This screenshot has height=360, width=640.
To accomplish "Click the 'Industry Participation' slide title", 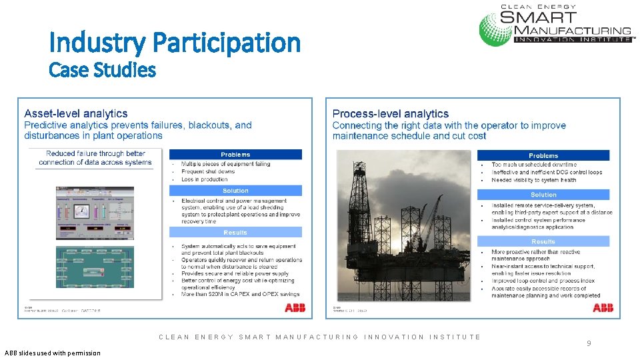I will point(175,43).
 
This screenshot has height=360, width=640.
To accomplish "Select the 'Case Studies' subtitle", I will point(102,69).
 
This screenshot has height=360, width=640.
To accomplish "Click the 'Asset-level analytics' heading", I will point(76,114).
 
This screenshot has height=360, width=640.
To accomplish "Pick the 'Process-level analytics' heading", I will point(390,114).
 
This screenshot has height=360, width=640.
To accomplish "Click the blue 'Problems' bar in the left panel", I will point(235,155).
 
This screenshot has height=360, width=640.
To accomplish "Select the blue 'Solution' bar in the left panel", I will point(235,191).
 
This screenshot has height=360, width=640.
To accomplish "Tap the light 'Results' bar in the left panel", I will point(235,233).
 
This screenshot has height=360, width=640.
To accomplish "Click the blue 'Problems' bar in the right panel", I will point(543,155).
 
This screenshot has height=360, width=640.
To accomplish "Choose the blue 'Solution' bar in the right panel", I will point(543,195).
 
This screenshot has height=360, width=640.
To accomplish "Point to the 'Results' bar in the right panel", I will point(543,241).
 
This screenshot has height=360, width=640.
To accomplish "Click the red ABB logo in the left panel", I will point(295,307).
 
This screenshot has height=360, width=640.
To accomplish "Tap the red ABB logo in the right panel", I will point(603,307).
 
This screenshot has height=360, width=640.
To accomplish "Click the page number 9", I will point(589,343).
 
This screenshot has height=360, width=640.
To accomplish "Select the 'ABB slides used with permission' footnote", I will point(52,353).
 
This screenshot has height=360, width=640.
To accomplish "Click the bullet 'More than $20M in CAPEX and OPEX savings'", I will point(240,294).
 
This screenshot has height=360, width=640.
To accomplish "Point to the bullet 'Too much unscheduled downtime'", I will point(534,165).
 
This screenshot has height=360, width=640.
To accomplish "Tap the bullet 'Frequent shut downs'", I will point(208,171).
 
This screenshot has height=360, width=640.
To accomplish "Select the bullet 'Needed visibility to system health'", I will point(534,180).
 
